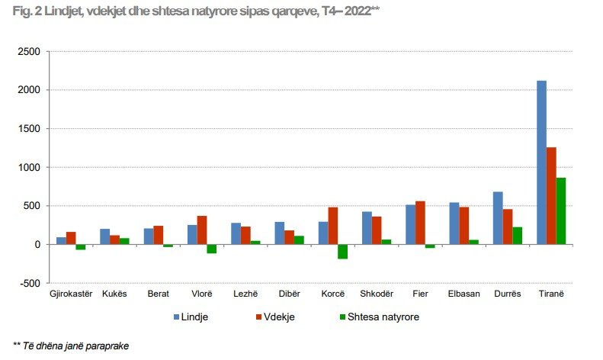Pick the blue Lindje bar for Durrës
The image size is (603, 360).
click(x=498, y=218)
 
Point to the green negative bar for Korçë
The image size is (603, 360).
click(x=342, y=252)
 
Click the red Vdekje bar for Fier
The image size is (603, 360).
click(x=420, y=223)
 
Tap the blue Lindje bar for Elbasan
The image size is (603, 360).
click(x=454, y=223)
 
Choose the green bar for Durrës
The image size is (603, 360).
click(x=517, y=236)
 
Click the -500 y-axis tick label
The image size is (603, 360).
click(x=29, y=283)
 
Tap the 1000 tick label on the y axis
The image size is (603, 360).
click(x=29, y=167)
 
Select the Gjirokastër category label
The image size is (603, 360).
click(x=70, y=294)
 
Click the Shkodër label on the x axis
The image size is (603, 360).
click(x=376, y=294)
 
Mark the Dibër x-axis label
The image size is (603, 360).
click(x=288, y=294)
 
